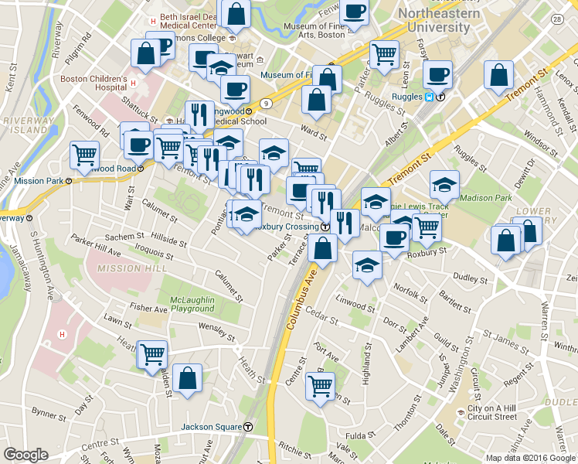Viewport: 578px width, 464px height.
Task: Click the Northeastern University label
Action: pos(434,20)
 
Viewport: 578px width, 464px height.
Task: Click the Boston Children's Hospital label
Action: pos(93,84)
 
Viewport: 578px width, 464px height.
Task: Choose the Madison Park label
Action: pos(485,198)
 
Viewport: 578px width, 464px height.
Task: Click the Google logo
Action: pos(26,454)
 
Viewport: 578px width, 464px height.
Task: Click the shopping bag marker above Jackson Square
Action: pos(188,379)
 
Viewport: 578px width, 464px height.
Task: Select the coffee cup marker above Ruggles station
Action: pos(438,75)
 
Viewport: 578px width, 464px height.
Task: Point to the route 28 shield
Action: pos(557,18)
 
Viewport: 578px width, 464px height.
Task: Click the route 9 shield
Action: pos(266,102)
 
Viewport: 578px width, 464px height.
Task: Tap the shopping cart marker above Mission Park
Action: pos(84,154)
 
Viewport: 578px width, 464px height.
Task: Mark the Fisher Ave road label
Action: pos(149,309)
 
